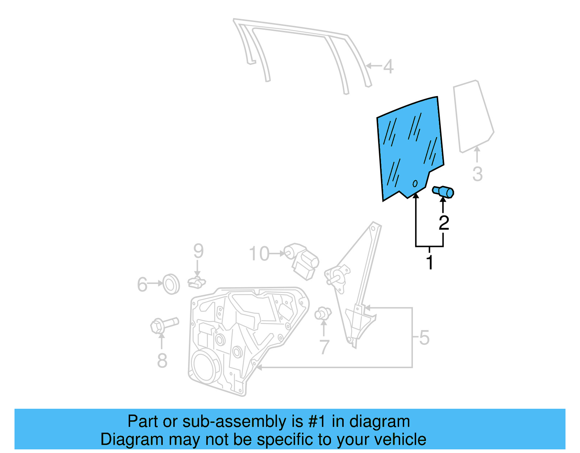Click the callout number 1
[x=430, y=263]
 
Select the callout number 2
[x=444, y=223]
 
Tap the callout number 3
[x=477, y=174]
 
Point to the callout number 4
[x=388, y=67]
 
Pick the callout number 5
[x=424, y=338]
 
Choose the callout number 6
[x=142, y=285]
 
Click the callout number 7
[x=324, y=347]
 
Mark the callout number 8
[x=162, y=361]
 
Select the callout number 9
[x=198, y=251]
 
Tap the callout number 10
[x=259, y=254]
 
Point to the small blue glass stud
[x=443, y=192]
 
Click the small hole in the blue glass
[x=415, y=184]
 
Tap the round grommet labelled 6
[x=171, y=284]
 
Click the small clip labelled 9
[x=196, y=282]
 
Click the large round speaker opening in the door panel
[x=206, y=367]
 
